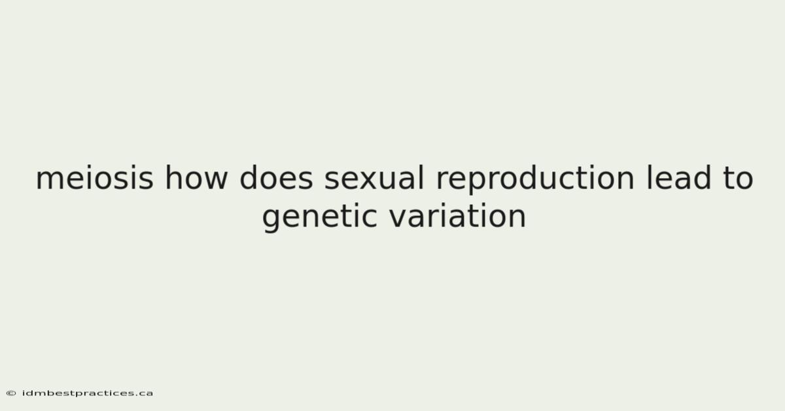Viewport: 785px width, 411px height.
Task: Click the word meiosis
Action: (95, 178)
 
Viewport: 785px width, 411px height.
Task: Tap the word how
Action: (196, 177)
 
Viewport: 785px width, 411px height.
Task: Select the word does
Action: (276, 177)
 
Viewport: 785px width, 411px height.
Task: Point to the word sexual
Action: (374, 177)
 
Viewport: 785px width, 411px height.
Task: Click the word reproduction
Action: (535, 179)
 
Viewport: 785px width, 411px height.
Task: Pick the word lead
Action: (678, 177)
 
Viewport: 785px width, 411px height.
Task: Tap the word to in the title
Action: (738, 179)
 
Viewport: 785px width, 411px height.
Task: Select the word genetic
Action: (320, 217)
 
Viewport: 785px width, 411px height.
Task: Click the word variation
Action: (458, 215)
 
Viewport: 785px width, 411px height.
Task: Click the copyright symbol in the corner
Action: (11, 393)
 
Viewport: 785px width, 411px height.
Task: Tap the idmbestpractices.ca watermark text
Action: (88, 393)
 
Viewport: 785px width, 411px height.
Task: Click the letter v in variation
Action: (399, 219)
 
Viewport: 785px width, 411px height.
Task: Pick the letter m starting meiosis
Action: (52, 180)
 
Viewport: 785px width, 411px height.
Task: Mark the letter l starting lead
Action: (649, 177)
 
